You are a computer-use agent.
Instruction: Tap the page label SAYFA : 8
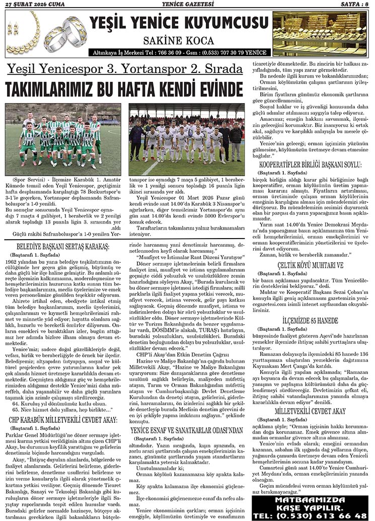355,5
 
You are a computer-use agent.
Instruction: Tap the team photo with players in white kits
186,139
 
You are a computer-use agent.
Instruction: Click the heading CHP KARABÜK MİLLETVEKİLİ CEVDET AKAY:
63,419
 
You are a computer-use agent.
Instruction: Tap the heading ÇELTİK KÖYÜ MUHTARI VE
311,265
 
